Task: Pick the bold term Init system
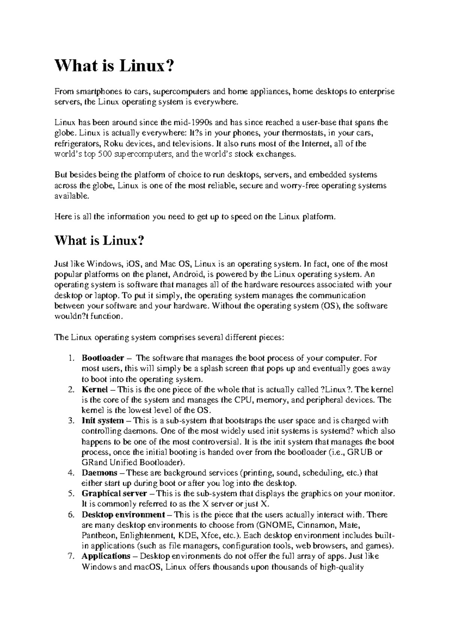103,421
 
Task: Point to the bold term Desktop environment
123,514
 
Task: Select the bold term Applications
106,556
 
